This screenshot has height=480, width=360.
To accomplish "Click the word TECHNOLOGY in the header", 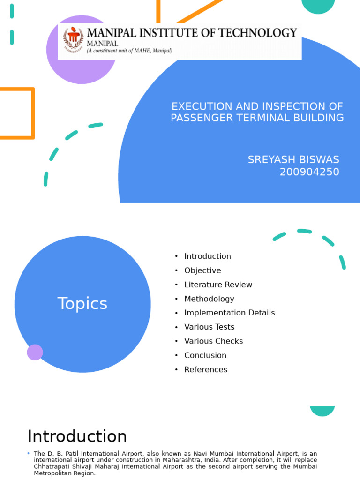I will pyautogui.click(x=261, y=33).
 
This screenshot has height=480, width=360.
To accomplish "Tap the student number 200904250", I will pyautogui.click(x=309, y=172).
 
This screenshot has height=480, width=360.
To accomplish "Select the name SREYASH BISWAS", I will pyautogui.click(x=293, y=160).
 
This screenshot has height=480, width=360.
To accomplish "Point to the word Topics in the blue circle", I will pyautogui.click(x=82, y=304).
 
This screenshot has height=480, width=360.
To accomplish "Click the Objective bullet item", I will pyautogui.click(x=202, y=270).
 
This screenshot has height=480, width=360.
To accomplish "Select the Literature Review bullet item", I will pyautogui.click(x=218, y=285).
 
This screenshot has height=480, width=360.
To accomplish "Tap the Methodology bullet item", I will pyautogui.click(x=209, y=299).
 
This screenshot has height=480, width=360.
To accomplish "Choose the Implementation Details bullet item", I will pyautogui.click(x=229, y=313).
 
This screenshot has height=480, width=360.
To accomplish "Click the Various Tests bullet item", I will pyautogui.click(x=209, y=327).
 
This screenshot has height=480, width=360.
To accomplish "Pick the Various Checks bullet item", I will pyautogui.click(x=213, y=341).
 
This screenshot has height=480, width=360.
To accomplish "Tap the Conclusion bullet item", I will pyautogui.click(x=205, y=355).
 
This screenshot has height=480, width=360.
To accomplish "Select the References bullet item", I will pyautogui.click(x=206, y=369).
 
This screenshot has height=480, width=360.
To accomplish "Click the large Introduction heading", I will pyautogui.click(x=77, y=436).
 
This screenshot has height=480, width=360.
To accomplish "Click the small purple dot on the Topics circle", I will pyautogui.click(x=35, y=352).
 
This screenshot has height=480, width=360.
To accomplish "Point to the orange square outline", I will pyautogui.click(x=17, y=113).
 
